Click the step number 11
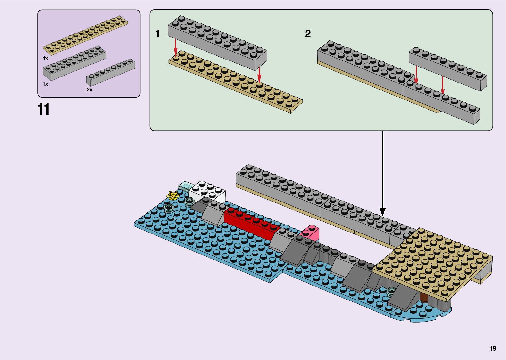pyautogui.click(x=44, y=110)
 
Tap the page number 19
pyautogui.click(x=493, y=348)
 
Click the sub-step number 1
pyautogui.click(x=158, y=34)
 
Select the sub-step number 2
pyautogui.click(x=308, y=34)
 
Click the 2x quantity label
pyautogui.click(x=89, y=90)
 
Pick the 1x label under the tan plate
pyautogui.click(x=46, y=58)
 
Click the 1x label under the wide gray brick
pyautogui.click(x=46, y=84)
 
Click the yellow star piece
pyautogui.click(x=173, y=195)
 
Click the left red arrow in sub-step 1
pyautogui.click(x=175, y=47)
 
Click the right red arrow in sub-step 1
pyautogui.click(x=259, y=75)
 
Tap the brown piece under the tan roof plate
pyautogui.click(x=424, y=298)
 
